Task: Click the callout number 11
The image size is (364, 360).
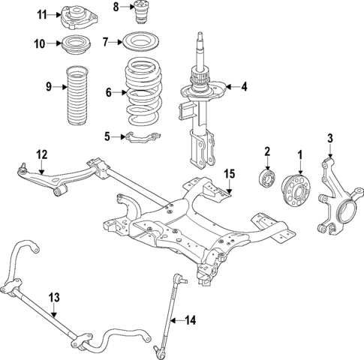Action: point(43,13)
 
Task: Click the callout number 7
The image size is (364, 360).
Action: point(106,41)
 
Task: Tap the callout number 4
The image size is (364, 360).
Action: point(243,87)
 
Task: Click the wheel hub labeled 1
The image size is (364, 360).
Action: point(295,192)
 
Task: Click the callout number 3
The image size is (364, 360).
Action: point(329,137)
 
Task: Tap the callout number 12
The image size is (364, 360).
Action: point(41,154)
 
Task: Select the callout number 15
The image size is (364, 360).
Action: point(230,174)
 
